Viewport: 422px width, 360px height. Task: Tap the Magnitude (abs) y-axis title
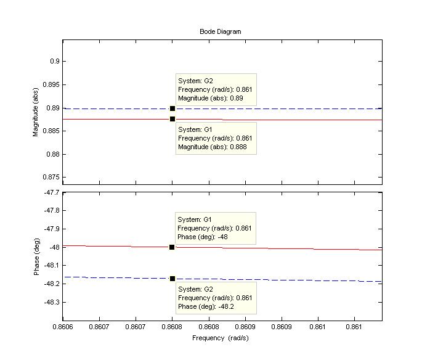36,112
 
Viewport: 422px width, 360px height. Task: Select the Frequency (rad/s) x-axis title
221,338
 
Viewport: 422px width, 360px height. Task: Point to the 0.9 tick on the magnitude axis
54,61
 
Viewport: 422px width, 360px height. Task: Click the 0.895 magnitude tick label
49,84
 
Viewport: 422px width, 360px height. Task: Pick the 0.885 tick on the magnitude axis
49,131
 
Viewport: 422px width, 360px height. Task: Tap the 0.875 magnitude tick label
49,177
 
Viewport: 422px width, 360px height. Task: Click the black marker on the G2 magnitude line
172,108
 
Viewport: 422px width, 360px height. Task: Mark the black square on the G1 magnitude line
172,119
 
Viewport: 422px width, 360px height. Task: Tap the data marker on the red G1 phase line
172,247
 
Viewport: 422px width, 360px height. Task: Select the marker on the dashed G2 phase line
172,279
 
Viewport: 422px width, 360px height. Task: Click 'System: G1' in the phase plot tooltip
195,219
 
